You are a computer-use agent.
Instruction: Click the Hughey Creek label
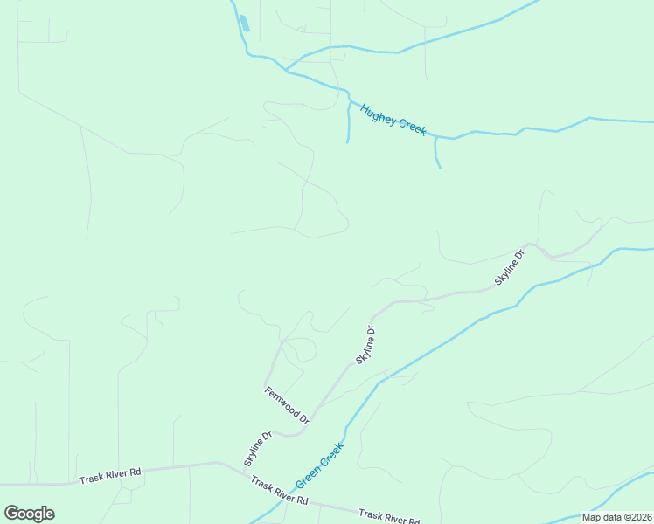click(393, 119)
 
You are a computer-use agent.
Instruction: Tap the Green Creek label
click(319, 465)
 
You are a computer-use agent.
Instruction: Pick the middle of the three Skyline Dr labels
click(365, 344)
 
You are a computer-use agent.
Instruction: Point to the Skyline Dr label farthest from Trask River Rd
click(510, 267)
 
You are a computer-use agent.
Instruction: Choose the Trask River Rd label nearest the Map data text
click(388, 517)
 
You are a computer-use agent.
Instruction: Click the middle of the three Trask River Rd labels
click(279, 491)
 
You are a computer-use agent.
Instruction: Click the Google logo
click(29, 514)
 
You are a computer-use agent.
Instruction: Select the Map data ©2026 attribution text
click(616, 517)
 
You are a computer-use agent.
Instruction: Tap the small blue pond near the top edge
click(244, 24)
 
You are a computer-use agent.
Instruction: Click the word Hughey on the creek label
click(379, 113)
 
